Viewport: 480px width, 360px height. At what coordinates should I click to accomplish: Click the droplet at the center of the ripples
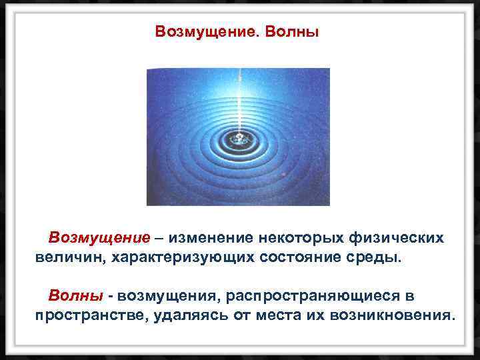pyautogui.click(x=237, y=139)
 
